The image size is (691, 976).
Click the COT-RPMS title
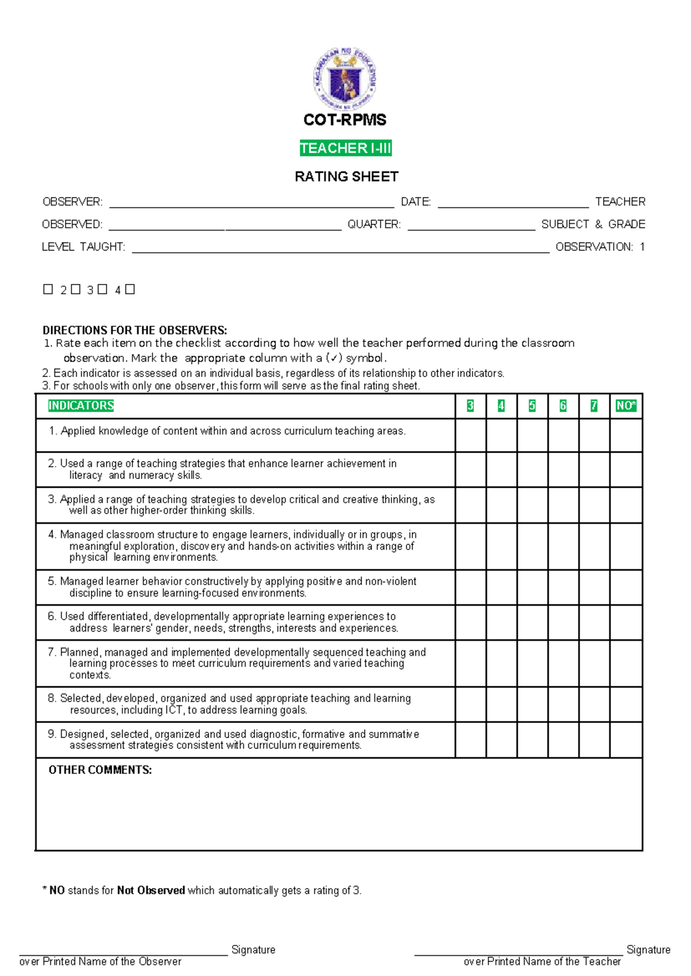345,120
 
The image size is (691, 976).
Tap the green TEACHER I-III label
345,148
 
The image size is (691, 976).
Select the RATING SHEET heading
346,176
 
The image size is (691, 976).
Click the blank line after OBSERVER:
251,206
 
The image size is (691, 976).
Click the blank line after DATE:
512,206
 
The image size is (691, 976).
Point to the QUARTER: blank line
471,228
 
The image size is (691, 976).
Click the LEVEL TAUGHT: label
83,247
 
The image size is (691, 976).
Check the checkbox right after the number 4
130,289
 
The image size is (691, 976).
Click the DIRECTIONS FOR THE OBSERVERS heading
135,330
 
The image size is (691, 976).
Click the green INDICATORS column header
81,405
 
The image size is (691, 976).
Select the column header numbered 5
532,406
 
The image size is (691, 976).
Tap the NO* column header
625,406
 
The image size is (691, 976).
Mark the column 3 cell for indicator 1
470,435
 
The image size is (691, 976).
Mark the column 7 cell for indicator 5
594,587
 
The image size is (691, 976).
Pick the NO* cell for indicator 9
625,740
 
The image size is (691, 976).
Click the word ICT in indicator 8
174,710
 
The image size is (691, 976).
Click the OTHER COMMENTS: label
100,770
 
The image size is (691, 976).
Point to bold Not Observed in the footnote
151,890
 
